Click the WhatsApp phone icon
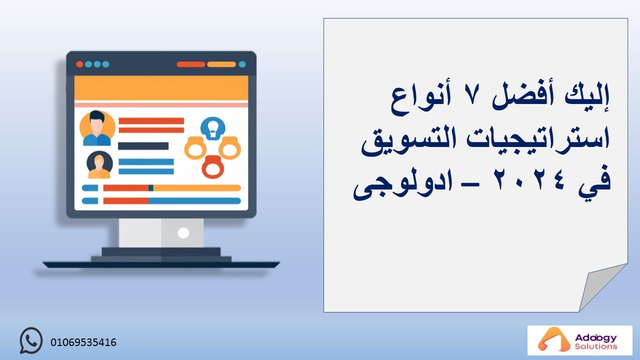point(31,340)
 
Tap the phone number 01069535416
point(83,342)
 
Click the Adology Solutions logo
point(579,340)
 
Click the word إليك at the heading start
point(586,97)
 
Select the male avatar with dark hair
point(97,128)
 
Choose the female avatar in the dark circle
point(99,165)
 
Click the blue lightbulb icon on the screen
point(213,128)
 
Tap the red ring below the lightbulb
point(213,167)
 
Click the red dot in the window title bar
point(79,64)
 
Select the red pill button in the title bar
point(191,64)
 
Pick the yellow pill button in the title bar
point(221,64)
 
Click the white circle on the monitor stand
point(183,233)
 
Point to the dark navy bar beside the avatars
point(143,146)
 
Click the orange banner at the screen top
point(161,88)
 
